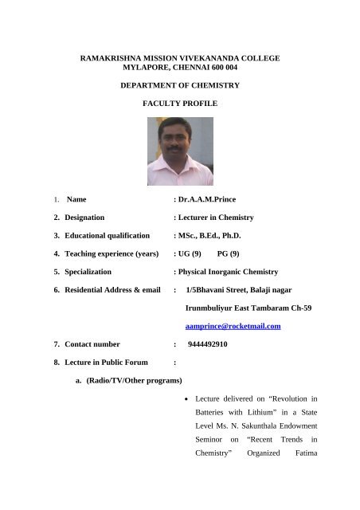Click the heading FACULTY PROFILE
click(179, 104)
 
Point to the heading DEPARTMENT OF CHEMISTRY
click(179, 84)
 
